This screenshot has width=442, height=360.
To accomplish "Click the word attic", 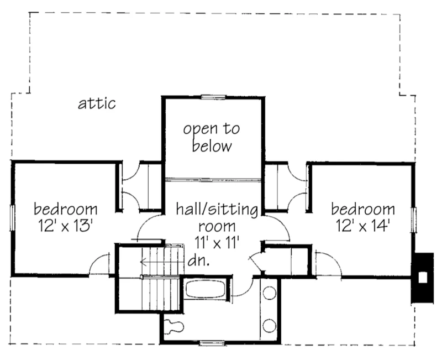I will click(97, 103).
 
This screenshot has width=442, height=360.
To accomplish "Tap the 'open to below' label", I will click(212, 138).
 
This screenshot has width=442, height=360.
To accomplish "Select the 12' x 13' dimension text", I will click(66, 226).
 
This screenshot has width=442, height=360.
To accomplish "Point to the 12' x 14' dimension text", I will click(363, 226).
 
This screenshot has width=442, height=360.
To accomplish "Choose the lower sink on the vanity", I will click(270, 325).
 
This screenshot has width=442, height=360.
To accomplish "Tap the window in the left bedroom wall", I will click(12, 218).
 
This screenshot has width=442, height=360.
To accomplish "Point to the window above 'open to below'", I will click(212, 97).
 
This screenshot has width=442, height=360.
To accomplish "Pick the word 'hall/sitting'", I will click(217, 210).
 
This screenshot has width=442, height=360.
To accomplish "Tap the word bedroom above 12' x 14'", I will click(363, 210).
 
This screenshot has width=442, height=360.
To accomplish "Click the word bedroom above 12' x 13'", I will click(66, 210).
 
